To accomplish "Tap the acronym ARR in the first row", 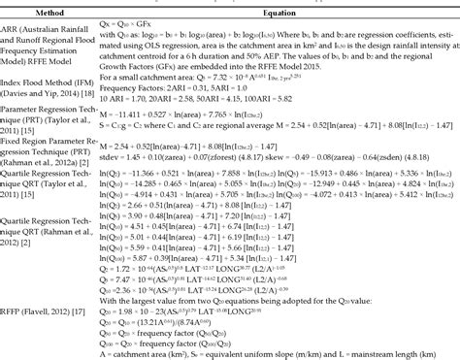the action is coord(13,30).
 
